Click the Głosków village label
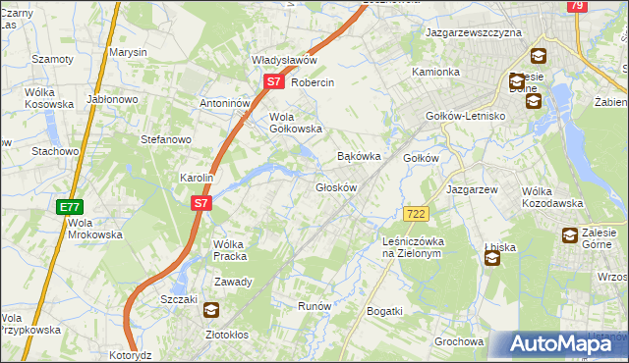335,186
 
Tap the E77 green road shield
68,207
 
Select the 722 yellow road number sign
415,213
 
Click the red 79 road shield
578,6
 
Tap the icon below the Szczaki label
211,312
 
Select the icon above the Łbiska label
492,258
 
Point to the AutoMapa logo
557,344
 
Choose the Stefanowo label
166,139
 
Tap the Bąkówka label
359,156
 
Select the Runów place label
314,306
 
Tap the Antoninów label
225,103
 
